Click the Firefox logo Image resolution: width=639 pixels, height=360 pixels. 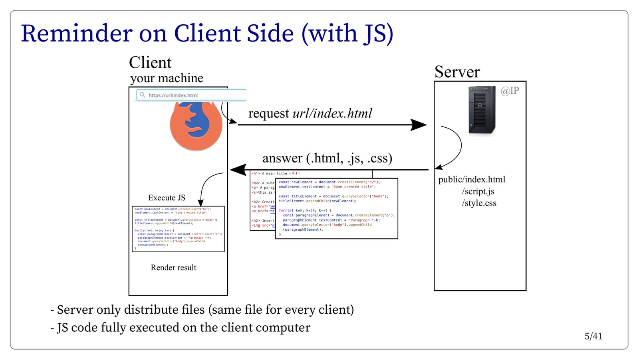[196, 126]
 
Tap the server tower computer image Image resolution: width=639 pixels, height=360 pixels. [482, 110]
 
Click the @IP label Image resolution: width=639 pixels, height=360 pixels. [510, 91]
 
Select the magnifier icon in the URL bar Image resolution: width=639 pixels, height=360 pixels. [142, 95]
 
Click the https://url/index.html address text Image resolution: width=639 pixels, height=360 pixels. [173, 95]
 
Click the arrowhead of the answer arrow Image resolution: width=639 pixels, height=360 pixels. [238, 170]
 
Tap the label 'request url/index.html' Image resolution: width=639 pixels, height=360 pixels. [310, 113]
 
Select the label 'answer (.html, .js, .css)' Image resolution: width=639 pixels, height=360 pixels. [327, 158]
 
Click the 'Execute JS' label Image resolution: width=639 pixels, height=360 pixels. [167, 198]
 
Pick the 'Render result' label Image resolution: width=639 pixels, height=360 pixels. [173, 268]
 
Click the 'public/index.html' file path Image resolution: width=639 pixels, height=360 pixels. [472, 180]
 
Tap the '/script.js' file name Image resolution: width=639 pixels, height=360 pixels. [478, 192]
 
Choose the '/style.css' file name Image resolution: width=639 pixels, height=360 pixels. [479, 203]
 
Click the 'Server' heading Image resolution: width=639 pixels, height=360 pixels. [457, 72]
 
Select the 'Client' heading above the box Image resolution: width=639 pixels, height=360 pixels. [150, 63]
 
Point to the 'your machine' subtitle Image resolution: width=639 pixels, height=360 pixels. [167, 78]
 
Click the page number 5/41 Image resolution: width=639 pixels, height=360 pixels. [593, 336]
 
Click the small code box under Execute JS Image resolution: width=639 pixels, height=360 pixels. [178, 229]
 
